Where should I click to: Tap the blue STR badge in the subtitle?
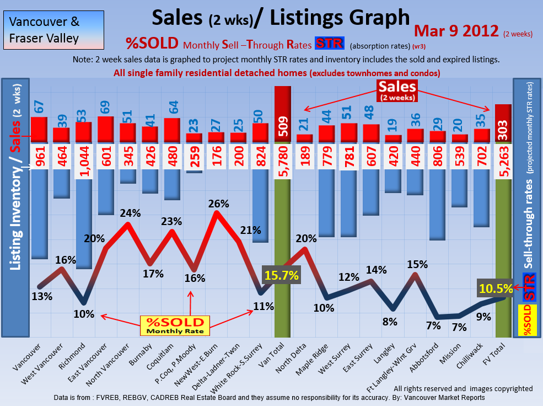point(329,44)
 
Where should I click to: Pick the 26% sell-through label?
point(218,204)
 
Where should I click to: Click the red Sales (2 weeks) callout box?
point(397,90)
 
